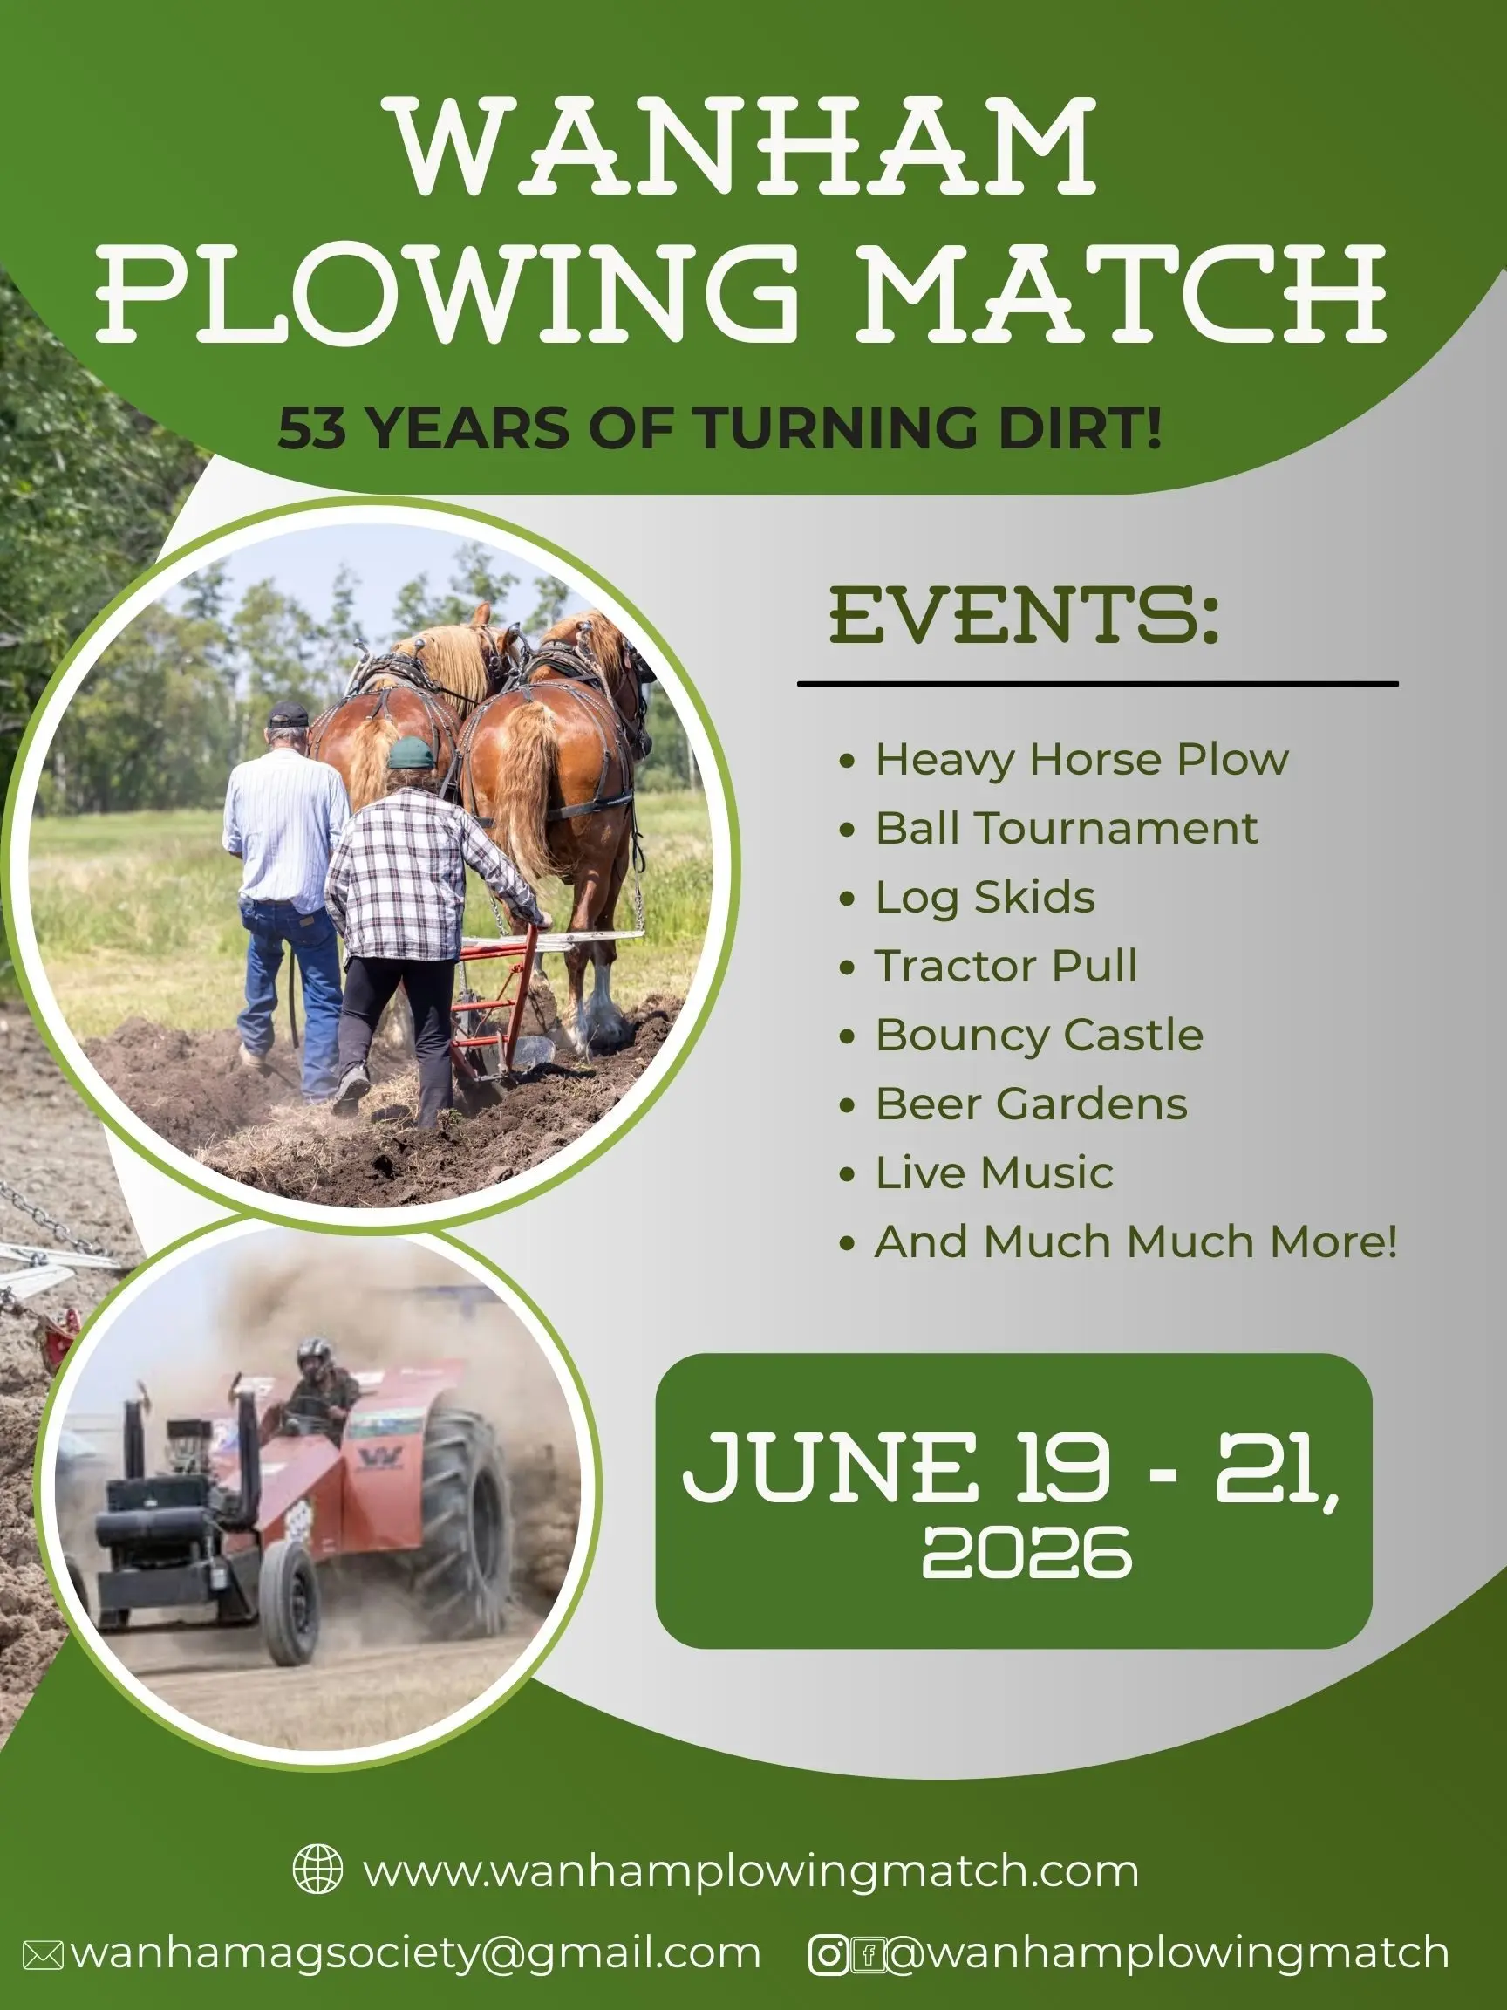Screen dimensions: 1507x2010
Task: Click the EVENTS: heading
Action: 1024,615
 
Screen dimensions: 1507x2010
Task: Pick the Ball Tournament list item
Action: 1067,828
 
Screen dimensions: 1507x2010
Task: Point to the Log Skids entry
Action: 985,897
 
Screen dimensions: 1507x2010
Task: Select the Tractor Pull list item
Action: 1006,965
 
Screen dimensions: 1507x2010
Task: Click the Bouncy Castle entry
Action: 1040,1035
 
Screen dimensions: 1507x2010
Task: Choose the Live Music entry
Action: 994,1172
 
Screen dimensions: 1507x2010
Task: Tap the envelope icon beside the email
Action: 43,1954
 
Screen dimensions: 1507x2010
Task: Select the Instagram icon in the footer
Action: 829,1954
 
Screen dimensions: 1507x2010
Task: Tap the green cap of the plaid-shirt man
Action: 412,751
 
